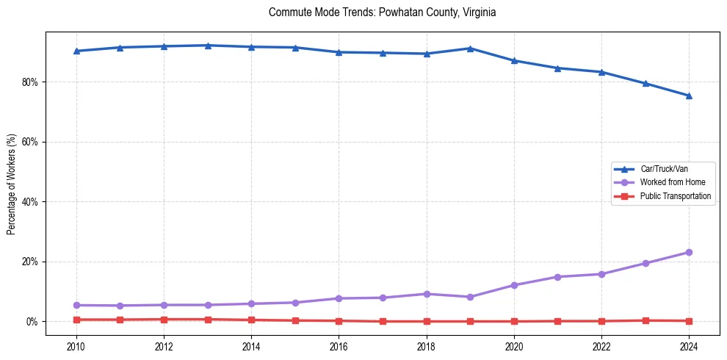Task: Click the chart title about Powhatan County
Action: [383, 12]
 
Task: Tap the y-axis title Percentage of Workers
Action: [12, 184]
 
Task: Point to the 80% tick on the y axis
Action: [30, 82]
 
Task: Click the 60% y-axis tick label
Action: [30, 142]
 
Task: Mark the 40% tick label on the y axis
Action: [30, 201]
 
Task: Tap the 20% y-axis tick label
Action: [30, 262]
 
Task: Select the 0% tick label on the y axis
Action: [32, 322]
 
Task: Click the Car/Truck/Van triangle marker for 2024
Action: [689, 96]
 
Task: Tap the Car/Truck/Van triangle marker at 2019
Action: [470, 48]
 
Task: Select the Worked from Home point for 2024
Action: [689, 252]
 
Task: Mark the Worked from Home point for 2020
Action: [514, 285]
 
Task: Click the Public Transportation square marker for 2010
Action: [76, 320]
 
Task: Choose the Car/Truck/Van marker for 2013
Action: [208, 46]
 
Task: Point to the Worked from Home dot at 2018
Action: [427, 294]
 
